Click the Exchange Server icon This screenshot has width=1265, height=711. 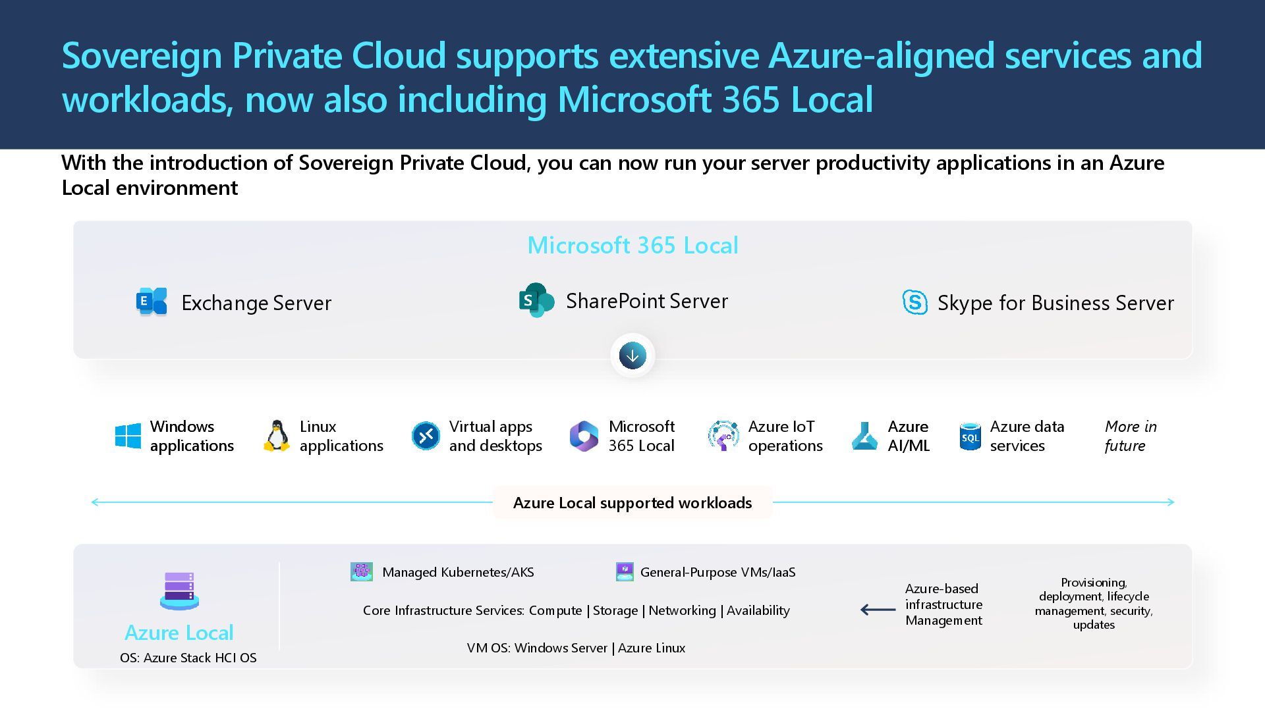pos(152,302)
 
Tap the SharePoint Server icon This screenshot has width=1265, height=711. pos(536,300)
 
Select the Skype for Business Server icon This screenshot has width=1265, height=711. pos(914,302)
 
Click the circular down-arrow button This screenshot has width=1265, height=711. pos(632,355)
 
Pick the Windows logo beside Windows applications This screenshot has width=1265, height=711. pos(128,436)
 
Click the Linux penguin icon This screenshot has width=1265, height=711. pos(277,436)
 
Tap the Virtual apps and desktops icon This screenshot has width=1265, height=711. pos(426,436)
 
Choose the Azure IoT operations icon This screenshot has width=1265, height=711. pos(723,436)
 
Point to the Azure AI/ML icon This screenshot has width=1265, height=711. pos(864,436)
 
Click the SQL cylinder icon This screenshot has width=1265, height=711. pos(970,436)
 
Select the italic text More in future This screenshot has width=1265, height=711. pos(1130,436)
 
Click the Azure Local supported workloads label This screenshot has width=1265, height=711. pos(632,503)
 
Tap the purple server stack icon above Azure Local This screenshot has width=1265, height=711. pos(179,591)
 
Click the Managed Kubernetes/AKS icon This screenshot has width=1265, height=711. pos(362,571)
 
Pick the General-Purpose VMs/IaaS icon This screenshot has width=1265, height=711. pos(625,571)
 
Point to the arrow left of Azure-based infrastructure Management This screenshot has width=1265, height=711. pos(878,610)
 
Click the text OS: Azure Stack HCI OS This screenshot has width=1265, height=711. pos(188,658)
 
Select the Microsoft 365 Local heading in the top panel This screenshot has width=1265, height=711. pos(632,246)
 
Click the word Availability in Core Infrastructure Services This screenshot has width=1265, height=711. pos(758,610)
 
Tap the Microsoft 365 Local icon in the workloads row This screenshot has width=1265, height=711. pos(584,436)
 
